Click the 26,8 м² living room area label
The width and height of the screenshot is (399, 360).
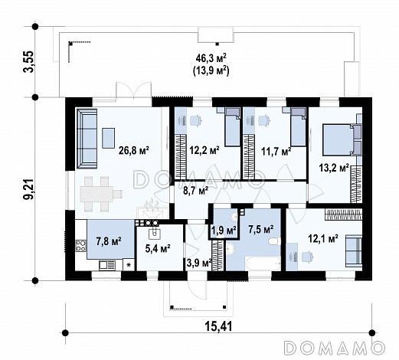point(133,150)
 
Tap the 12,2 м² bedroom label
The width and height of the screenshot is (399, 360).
point(204,150)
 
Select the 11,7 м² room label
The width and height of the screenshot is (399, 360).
point(276,152)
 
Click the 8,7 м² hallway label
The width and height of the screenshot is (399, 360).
point(196,191)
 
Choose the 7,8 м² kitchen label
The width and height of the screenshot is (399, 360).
point(109,241)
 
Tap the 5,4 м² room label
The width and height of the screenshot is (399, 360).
point(158,248)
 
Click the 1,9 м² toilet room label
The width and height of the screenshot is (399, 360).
point(224,231)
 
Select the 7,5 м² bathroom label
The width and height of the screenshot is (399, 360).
point(261,229)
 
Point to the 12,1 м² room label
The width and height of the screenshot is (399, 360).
point(323,239)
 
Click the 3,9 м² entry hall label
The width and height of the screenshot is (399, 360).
point(199,262)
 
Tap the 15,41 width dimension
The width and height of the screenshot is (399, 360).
point(218,326)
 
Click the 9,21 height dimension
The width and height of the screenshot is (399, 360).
point(29,189)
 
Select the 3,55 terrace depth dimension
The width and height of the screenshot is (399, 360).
point(28,62)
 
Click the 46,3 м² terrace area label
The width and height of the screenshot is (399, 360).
point(211,58)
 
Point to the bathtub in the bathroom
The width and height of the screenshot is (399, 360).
point(263,263)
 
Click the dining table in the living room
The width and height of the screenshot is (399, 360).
point(101,194)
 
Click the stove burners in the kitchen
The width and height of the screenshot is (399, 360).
point(80,245)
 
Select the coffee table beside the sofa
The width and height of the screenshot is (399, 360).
point(109,138)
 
